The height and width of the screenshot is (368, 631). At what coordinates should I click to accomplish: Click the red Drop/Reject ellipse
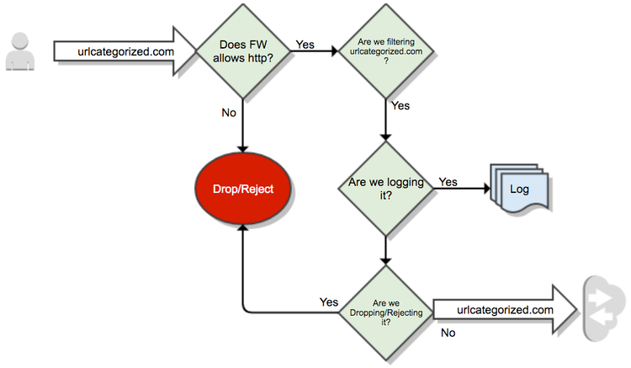coord(242,189)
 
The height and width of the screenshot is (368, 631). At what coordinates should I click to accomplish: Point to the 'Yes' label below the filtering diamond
coord(400,106)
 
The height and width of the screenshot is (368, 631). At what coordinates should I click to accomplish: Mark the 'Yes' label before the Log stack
coord(448,182)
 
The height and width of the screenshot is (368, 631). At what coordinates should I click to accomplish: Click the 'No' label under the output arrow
coord(448,333)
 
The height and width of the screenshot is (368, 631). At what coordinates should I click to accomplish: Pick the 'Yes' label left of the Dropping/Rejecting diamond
coord(329,301)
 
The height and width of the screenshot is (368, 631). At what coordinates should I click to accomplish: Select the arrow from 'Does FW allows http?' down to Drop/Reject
coord(242,126)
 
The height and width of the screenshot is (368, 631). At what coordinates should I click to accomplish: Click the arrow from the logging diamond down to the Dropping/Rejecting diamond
coord(384,250)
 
